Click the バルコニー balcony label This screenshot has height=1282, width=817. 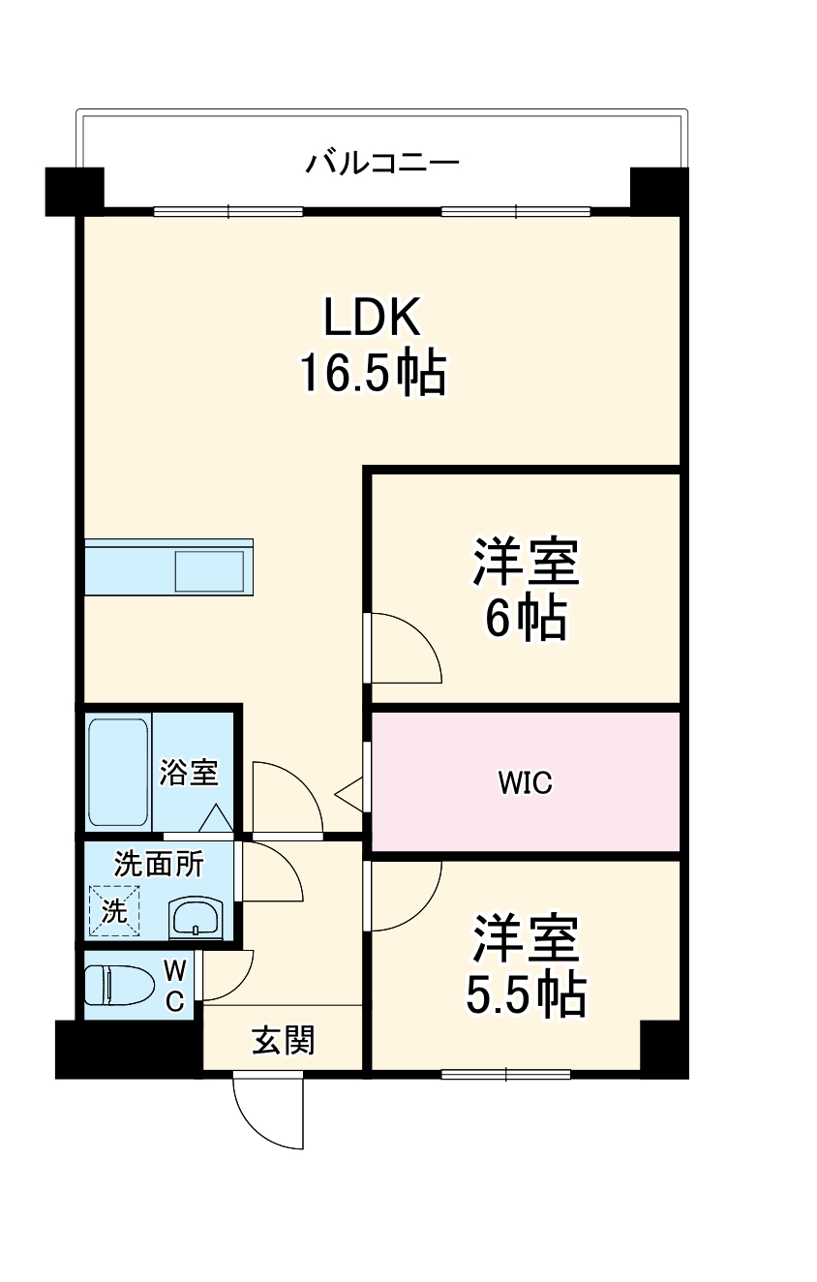coord(381,162)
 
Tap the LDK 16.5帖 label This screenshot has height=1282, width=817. coord(373,346)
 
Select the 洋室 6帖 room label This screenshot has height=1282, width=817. coord(526,589)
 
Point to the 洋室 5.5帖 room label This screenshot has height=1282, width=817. coord(526,965)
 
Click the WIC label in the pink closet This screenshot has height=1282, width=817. coord(526,782)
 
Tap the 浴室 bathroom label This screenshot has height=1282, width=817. coord(190,773)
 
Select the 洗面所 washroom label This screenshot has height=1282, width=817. coord(159,864)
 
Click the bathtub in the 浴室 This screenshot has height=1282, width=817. coord(118,772)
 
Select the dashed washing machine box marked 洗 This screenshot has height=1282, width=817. coord(114,911)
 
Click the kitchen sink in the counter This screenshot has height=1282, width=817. coord(209,570)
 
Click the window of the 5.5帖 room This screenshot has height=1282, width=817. coord(505,1073)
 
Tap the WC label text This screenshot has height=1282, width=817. coord(174,985)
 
